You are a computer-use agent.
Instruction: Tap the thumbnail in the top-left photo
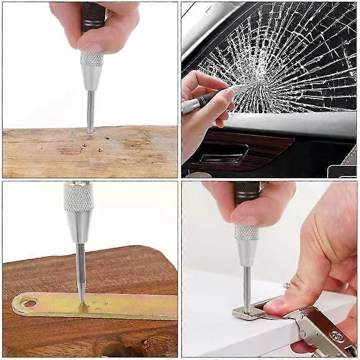[92, 46]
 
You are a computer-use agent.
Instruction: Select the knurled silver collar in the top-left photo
[92, 59]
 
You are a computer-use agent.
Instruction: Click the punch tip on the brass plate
[82, 301]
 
